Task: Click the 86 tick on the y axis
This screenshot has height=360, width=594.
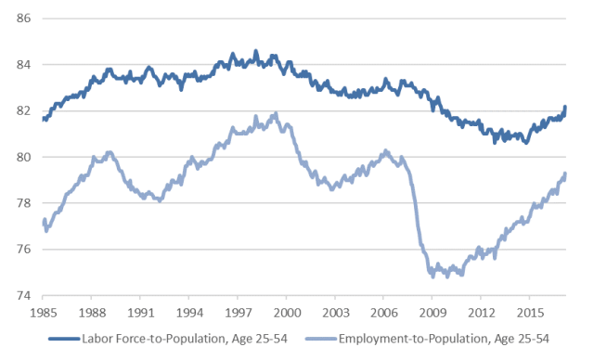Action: [x=25, y=19]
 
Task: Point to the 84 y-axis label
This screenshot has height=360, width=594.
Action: [x=25, y=65]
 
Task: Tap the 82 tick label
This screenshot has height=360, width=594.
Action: [x=25, y=111]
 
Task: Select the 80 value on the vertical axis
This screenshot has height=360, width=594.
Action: [x=25, y=158]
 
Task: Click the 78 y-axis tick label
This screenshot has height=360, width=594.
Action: [x=25, y=203]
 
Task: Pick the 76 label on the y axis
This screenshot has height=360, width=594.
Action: [x=25, y=250]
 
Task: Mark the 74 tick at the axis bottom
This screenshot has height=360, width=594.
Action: [x=25, y=296]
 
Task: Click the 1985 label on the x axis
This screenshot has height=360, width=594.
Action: [x=43, y=314]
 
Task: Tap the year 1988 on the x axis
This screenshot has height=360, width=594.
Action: [x=92, y=314]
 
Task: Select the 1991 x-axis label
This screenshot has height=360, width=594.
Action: [x=140, y=314]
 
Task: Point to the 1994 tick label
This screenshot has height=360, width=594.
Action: [x=189, y=314]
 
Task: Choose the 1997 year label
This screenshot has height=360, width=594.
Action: [x=239, y=314]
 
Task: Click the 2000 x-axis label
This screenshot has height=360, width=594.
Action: [x=288, y=314]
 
